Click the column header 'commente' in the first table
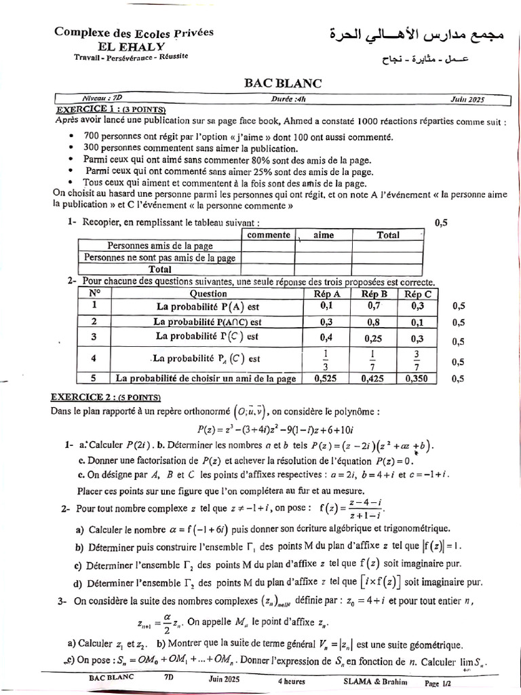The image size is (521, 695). pyautogui.click(x=268, y=235)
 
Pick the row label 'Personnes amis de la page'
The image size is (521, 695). pyautogui.click(x=160, y=246)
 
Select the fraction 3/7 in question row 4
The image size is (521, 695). pyautogui.click(x=417, y=358)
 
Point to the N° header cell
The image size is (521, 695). pyautogui.click(x=94, y=293)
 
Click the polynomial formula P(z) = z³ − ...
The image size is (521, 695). pyautogui.click(x=289, y=429)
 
